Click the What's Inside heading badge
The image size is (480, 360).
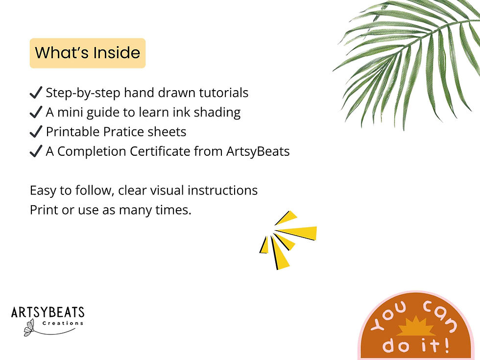pos(88,53)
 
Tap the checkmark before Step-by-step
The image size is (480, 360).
pos(36,93)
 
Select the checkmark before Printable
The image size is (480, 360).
pos(36,132)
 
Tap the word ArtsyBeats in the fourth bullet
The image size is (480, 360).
pos(258,151)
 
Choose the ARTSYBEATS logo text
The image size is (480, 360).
pos(48,312)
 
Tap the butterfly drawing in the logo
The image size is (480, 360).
pos(29,327)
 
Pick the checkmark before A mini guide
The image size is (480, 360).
pos(36,113)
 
